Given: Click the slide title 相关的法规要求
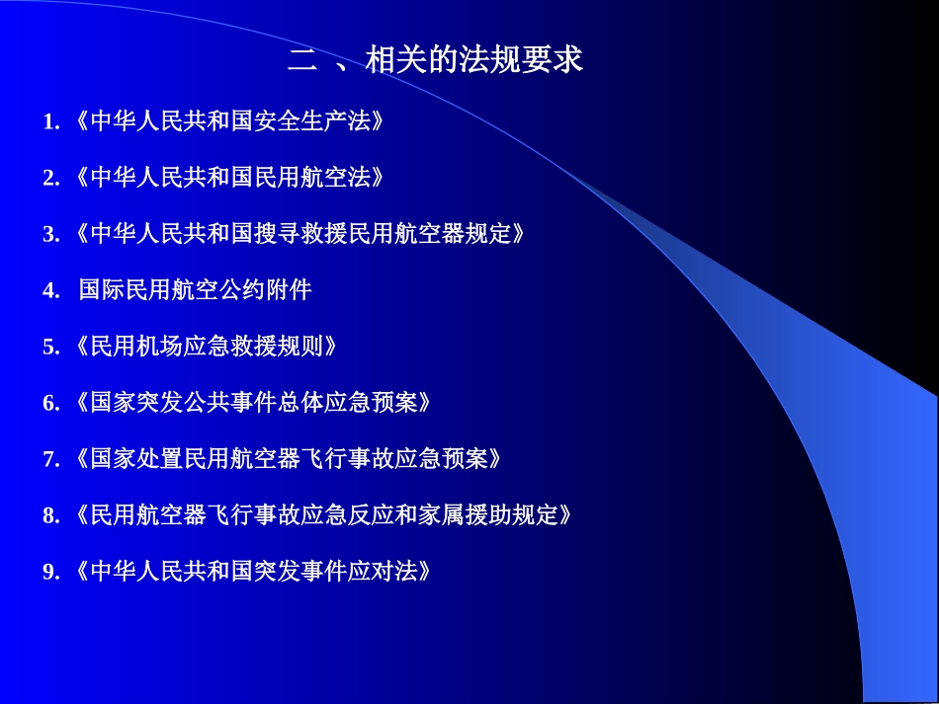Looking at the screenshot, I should click(x=474, y=61).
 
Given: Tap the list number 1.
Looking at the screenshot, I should click(x=48, y=122).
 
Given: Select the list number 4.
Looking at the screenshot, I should click(x=48, y=291).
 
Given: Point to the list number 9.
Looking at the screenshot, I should click(x=48, y=573).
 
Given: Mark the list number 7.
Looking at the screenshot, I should click(x=48, y=460).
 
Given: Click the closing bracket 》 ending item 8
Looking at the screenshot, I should click(x=566, y=516).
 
